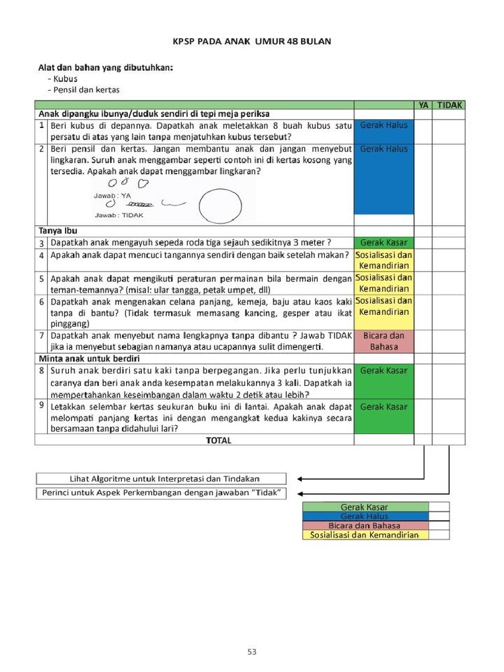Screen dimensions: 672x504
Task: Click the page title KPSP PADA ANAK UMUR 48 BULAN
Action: click(252, 41)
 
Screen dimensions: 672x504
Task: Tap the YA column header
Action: click(423, 105)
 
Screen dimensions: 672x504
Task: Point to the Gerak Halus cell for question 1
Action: click(384, 125)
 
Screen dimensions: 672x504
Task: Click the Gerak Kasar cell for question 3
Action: click(384, 242)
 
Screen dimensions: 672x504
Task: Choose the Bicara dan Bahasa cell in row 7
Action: click(384, 341)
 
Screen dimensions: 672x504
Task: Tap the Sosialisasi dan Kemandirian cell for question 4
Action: click(384, 260)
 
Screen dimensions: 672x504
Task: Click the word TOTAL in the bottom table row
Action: click(219, 440)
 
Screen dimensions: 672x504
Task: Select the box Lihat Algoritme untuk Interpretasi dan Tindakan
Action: click(161, 479)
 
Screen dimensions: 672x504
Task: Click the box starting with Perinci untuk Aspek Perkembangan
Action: click(161, 493)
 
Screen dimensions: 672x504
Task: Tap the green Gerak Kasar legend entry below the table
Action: click(364, 507)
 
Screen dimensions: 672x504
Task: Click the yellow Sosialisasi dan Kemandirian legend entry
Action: click(364, 535)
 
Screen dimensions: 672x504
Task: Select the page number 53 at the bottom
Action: click(252, 652)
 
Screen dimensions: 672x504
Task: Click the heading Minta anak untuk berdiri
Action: click(89, 358)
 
